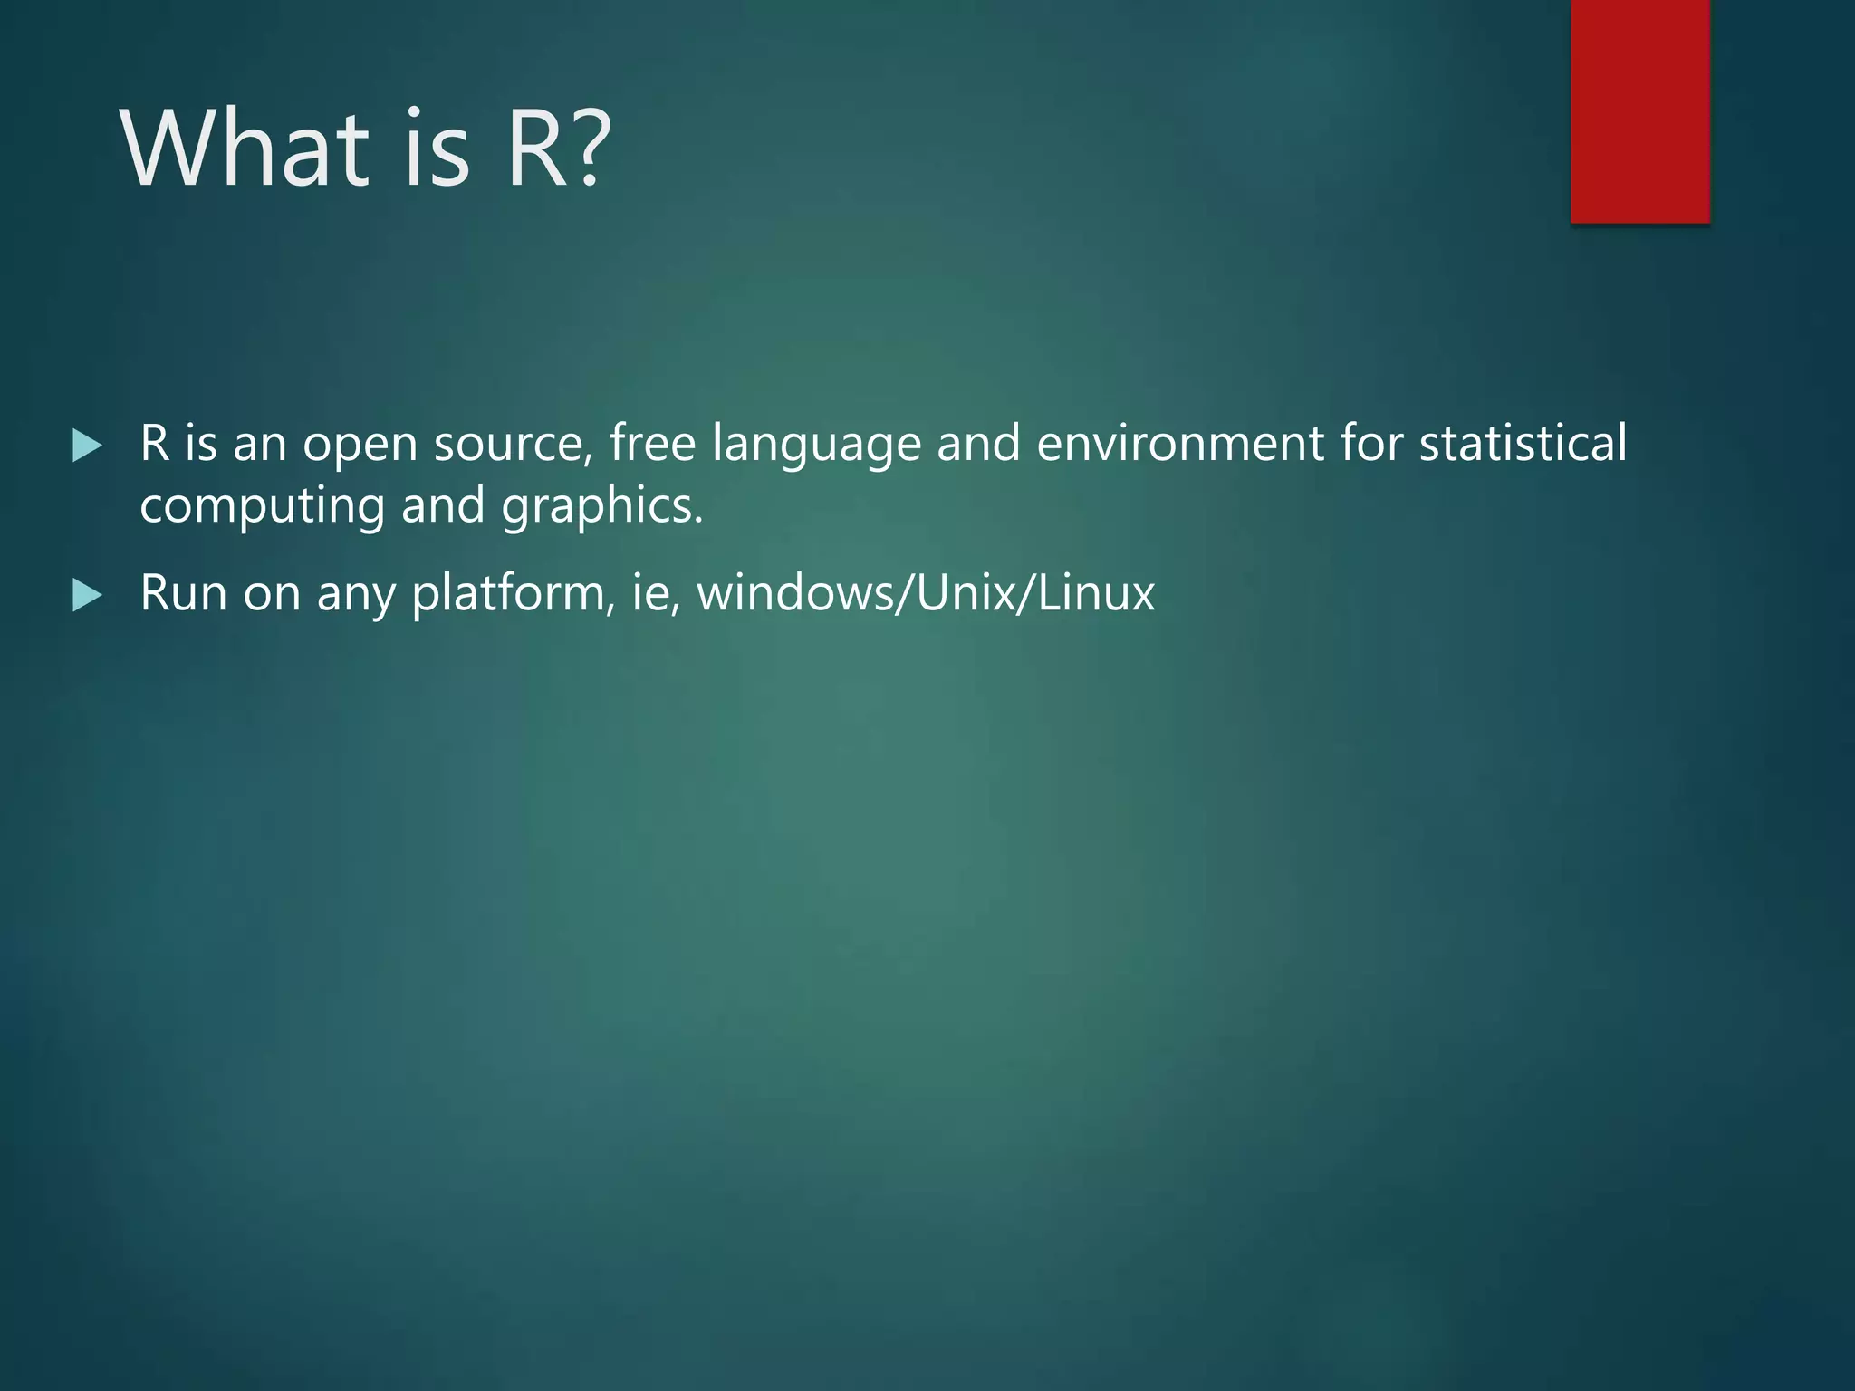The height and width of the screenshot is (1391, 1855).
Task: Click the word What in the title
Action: pyautogui.click(x=245, y=149)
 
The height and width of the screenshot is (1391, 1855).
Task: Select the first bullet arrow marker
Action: pyautogui.click(x=87, y=446)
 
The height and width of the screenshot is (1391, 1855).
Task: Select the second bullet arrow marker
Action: pyautogui.click(x=87, y=596)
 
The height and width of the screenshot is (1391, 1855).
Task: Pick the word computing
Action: pyautogui.click(x=262, y=507)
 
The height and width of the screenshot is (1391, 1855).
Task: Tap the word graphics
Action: pyautogui.click(x=601, y=507)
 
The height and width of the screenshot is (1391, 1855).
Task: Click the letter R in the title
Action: pyautogui.click(x=539, y=149)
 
